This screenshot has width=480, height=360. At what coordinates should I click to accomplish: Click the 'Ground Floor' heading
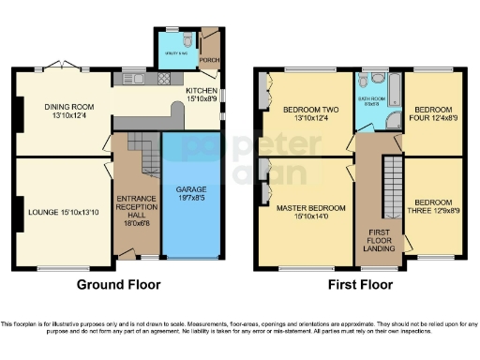tap(118, 285)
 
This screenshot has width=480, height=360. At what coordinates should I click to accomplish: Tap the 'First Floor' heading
tap(359, 285)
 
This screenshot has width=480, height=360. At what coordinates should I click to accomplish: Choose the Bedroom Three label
tap(434, 207)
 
